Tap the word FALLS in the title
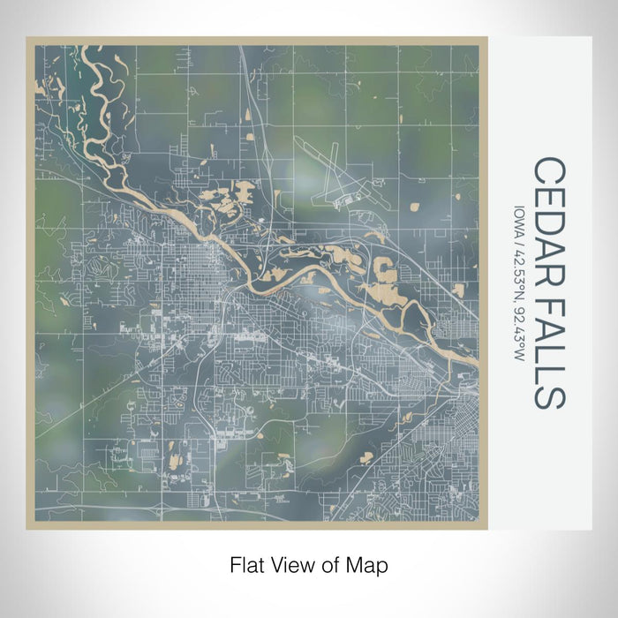pyautogui.click(x=548, y=350)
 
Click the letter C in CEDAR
pyautogui.click(x=548, y=170)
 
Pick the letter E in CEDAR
pyautogui.click(x=548, y=193)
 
